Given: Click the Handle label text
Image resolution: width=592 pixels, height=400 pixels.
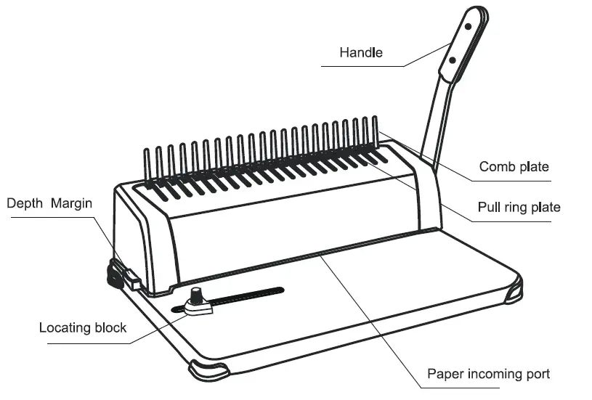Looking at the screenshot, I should click(361, 53).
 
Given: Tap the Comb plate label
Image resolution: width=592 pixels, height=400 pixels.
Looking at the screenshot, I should click(514, 167).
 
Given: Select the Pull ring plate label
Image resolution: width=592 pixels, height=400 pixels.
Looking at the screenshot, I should click(519, 207).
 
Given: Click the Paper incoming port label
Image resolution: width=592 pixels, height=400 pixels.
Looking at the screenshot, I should click(488, 375).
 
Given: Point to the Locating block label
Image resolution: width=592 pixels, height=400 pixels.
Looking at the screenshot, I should click(83, 327).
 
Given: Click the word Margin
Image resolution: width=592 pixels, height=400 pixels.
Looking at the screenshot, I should click(72, 203).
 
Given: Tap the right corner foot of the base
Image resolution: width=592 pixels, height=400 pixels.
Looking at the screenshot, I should click(511, 290).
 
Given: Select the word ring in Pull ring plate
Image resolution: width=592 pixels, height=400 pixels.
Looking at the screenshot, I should click(516, 208).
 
